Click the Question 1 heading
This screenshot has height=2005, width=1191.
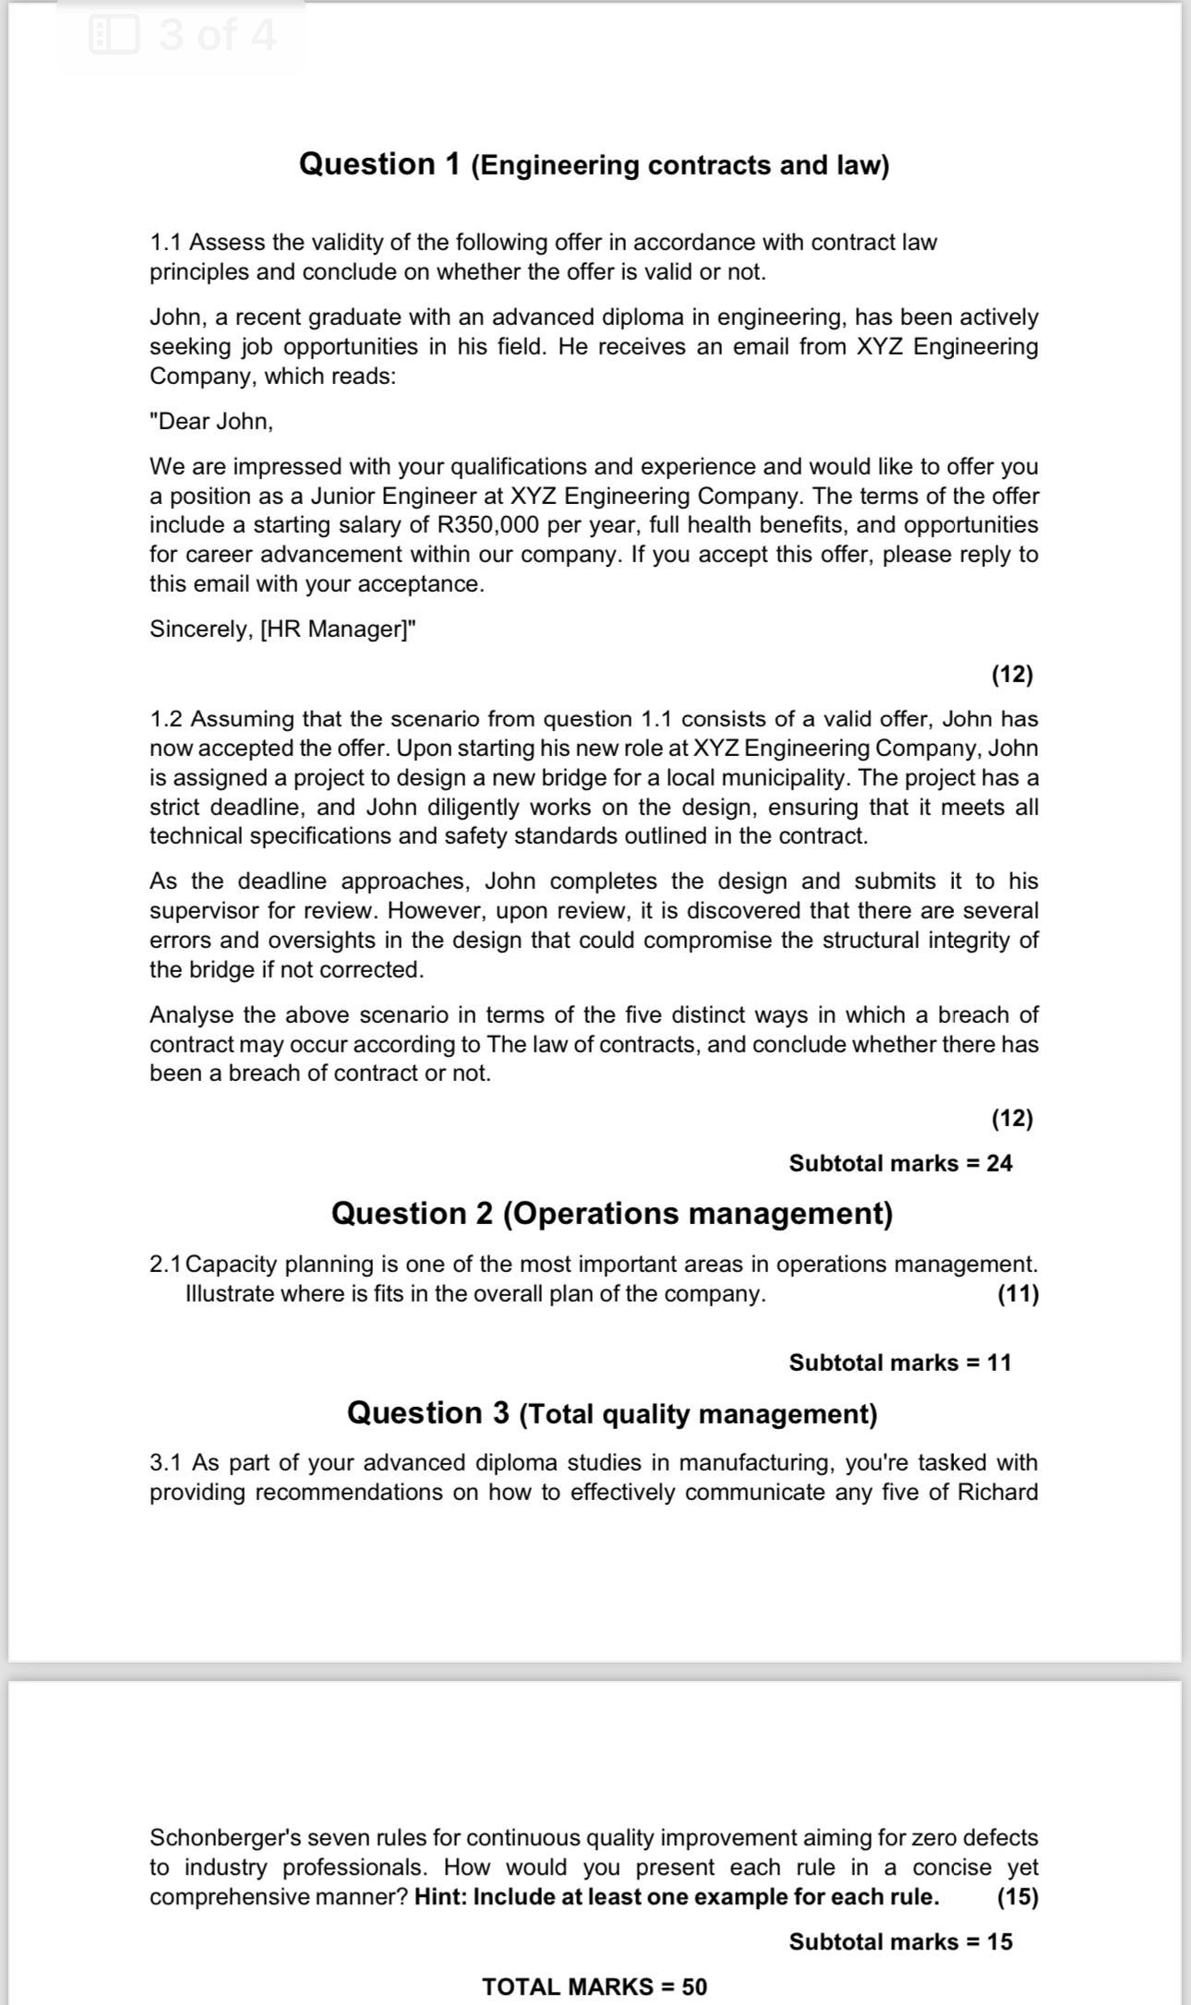pos(594,164)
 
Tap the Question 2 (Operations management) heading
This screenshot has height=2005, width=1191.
pos(612,1213)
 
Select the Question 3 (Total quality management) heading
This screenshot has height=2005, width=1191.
pos(612,1413)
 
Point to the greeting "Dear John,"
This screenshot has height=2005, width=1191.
pos(211,422)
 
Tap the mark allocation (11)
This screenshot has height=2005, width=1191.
pos(1017,1293)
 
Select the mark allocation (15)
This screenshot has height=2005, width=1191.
pos(1017,1897)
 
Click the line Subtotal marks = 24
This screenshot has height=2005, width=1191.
pos(900,1163)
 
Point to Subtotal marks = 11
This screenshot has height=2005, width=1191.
pos(900,1363)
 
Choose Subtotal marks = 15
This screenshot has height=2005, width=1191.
pos(900,1941)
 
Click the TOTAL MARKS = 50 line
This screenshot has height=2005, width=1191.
pos(595,1987)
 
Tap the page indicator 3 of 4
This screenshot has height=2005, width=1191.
pos(216,36)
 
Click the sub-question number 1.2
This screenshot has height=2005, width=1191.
pos(167,719)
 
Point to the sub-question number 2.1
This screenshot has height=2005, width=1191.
pos(166,1264)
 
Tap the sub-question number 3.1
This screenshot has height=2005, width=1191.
pos(167,1463)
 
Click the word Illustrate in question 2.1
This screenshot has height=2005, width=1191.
pos(229,1293)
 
